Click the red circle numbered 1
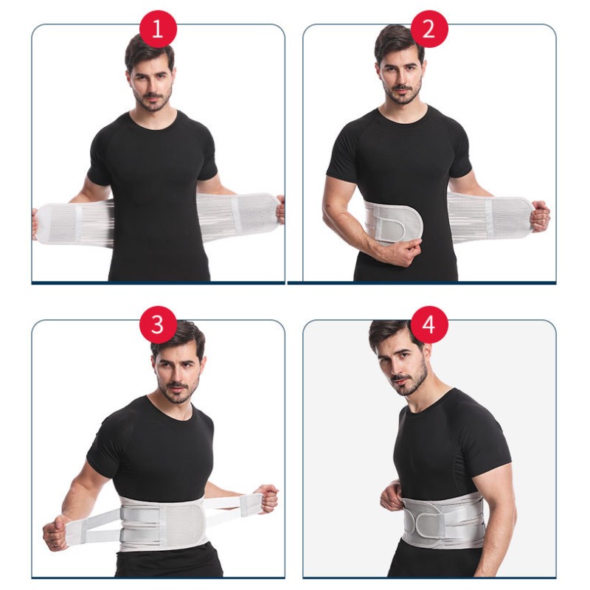(156, 29)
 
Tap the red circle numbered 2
(429, 29)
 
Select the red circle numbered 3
(157, 324)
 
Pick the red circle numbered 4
(429, 324)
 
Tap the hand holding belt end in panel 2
(539, 215)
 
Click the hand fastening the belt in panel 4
(392, 497)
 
